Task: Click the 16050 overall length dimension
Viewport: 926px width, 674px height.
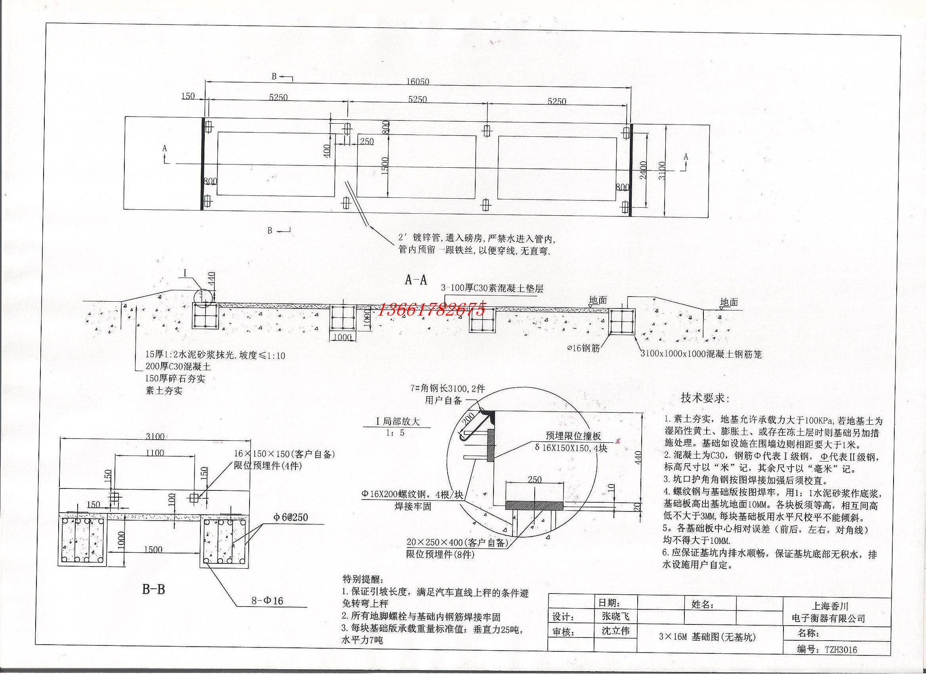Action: click(417, 82)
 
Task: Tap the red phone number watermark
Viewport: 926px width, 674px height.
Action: click(433, 310)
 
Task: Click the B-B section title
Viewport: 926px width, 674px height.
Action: click(153, 590)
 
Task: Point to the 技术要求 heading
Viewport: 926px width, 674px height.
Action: click(705, 398)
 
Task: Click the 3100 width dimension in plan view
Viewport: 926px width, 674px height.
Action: click(662, 170)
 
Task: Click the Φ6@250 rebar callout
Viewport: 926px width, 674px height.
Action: click(291, 518)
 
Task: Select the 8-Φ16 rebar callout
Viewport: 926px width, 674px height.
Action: click(267, 601)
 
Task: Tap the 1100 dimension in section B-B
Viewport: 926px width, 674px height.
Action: click(155, 453)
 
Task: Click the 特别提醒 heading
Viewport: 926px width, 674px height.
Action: click(361, 580)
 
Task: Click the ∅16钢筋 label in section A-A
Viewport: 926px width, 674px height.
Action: click(584, 348)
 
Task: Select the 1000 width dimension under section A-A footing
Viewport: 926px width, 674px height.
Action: click(342, 337)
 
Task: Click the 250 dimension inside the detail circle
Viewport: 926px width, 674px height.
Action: click(534, 479)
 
